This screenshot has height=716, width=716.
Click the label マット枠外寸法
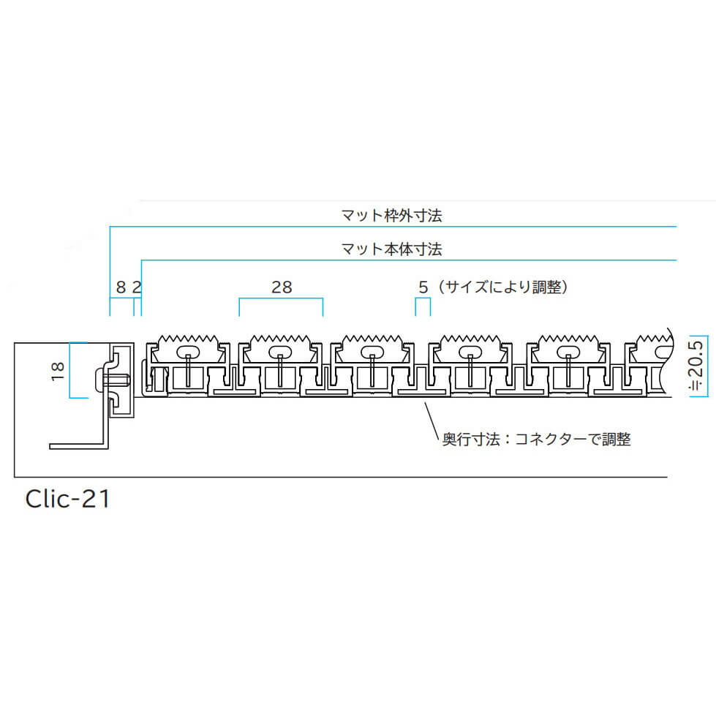(x=391, y=215)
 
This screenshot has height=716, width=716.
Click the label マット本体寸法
(x=391, y=249)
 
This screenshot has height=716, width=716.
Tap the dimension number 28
(x=282, y=287)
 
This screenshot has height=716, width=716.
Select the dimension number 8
(x=121, y=287)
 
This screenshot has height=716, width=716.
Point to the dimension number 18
(x=59, y=371)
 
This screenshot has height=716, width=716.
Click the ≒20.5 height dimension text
(x=697, y=365)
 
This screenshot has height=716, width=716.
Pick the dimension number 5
(x=423, y=287)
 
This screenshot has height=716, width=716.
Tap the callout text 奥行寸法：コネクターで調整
(x=536, y=440)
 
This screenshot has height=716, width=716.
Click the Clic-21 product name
(x=67, y=499)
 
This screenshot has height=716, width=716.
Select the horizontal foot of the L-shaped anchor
(x=78, y=445)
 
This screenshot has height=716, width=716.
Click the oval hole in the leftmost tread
(x=187, y=352)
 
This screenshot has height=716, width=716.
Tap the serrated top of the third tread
(x=372, y=340)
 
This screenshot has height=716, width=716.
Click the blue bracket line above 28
(x=282, y=298)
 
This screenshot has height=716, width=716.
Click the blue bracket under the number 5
(x=423, y=299)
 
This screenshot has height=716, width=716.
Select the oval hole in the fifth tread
(x=568, y=352)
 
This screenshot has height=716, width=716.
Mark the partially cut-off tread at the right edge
(x=649, y=363)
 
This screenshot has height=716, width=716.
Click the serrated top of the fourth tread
(x=470, y=340)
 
